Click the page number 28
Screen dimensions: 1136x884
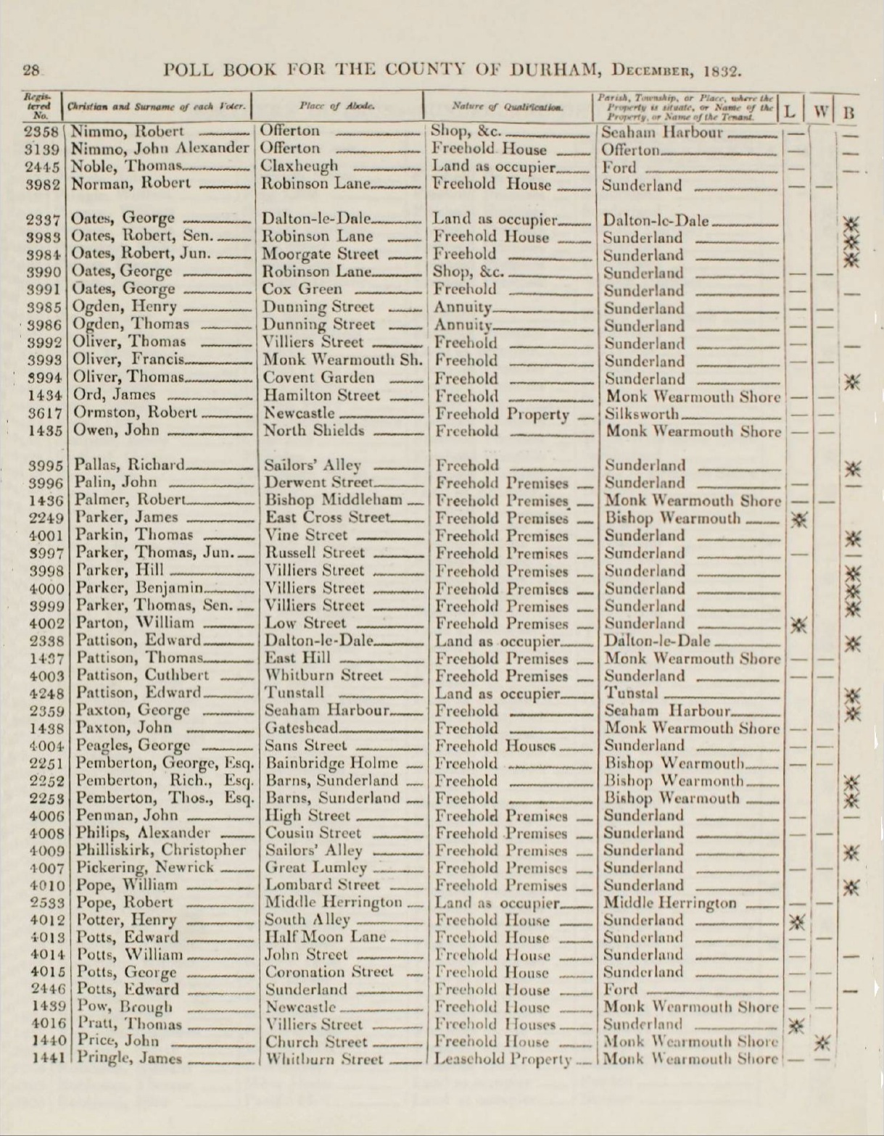point(31,70)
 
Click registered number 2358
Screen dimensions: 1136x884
point(44,132)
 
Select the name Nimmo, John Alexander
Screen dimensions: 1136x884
point(160,149)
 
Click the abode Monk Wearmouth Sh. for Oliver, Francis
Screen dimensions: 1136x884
point(344,360)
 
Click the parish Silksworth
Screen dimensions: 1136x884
point(642,414)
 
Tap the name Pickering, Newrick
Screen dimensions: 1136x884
point(145,868)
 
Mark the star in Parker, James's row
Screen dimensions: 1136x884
point(798,519)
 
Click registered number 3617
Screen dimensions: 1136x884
point(46,413)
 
